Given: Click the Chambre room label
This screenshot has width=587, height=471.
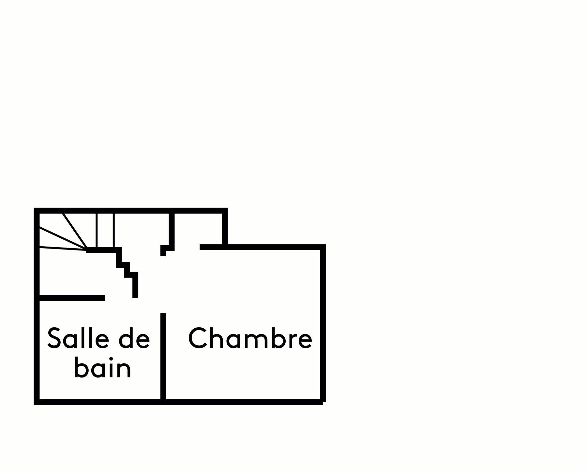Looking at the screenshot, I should (250, 338).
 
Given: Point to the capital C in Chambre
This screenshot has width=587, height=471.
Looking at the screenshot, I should (198, 338).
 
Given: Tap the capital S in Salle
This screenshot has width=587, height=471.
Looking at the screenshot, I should (54, 338).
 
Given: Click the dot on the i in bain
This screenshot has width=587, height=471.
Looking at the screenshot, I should (111, 359).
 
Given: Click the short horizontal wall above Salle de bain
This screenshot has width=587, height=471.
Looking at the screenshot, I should (72, 298).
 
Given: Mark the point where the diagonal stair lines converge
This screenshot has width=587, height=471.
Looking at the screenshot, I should (87, 250).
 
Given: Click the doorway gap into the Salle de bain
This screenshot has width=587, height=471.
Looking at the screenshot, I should (119, 298).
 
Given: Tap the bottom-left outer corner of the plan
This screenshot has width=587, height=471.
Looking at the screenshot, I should (37, 402).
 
